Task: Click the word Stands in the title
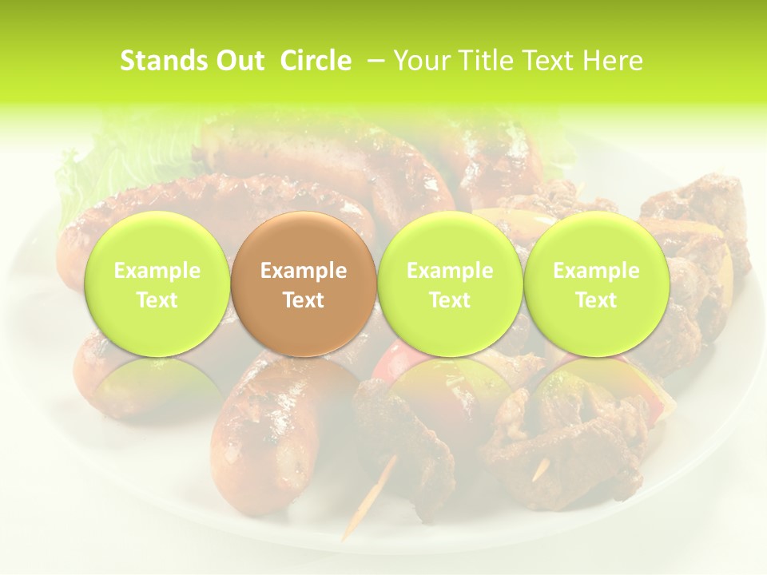click(x=158, y=61)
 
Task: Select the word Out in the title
click(x=239, y=61)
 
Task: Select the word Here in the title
click(x=613, y=61)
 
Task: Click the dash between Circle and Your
click(x=372, y=61)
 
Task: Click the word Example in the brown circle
click(x=304, y=271)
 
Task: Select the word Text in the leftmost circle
click(x=157, y=300)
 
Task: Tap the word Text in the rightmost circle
click(x=596, y=300)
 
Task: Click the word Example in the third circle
click(x=450, y=271)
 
